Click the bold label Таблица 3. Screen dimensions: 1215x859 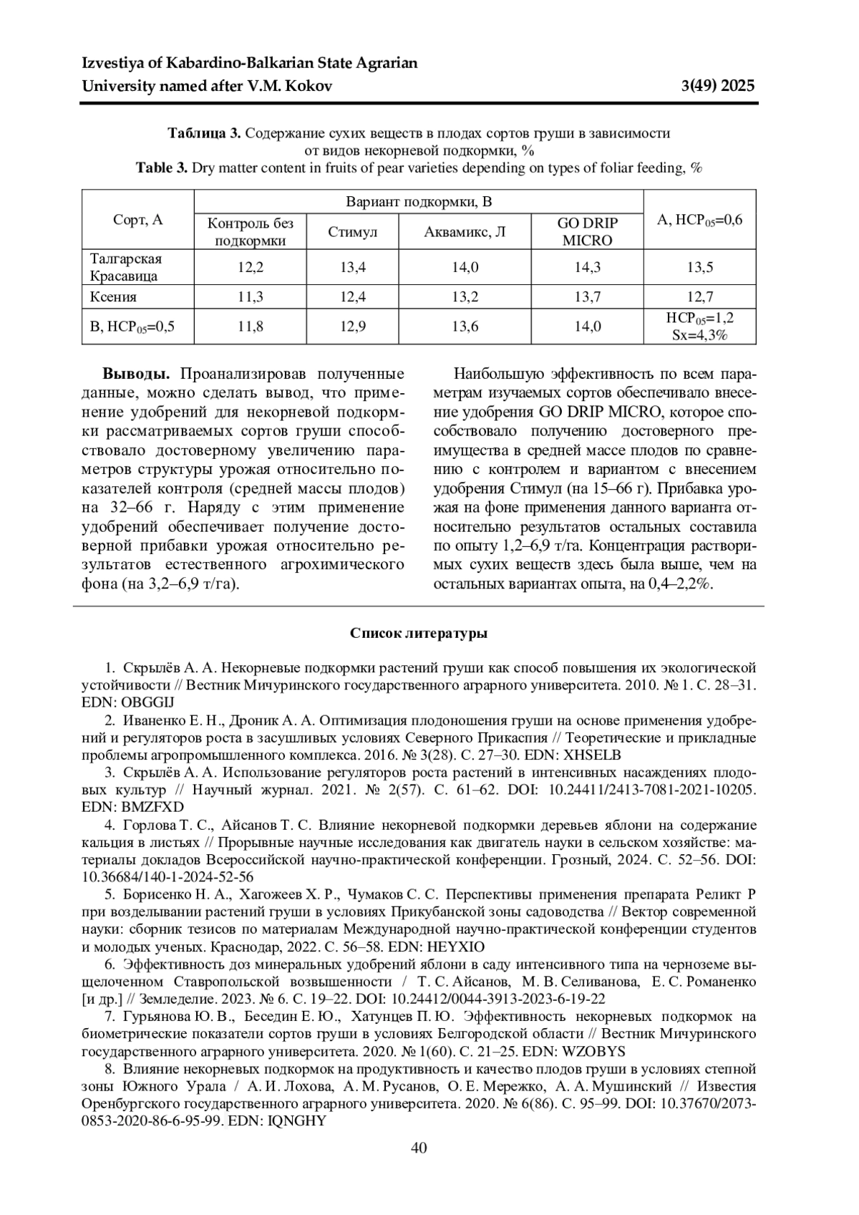[x=204, y=133]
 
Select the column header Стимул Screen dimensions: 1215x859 [x=352, y=232]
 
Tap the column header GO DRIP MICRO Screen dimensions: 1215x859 [x=587, y=231]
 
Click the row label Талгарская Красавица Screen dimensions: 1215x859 [x=125, y=267]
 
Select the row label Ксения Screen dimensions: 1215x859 [x=113, y=296]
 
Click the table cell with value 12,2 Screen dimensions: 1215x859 [x=251, y=267]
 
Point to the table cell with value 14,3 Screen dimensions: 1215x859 [x=587, y=267]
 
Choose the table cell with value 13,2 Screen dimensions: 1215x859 [x=465, y=296]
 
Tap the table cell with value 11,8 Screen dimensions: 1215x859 [x=251, y=326]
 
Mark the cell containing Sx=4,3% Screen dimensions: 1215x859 [x=699, y=334]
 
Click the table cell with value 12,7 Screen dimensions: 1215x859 [x=699, y=296]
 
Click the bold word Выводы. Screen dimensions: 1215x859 [x=136, y=374]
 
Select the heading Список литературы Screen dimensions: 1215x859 [x=419, y=634]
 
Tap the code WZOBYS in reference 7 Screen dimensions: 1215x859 [x=594, y=1051]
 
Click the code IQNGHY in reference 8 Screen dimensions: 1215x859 [x=296, y=1120]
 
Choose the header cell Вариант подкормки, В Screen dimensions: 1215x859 [x=419, y=201]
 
